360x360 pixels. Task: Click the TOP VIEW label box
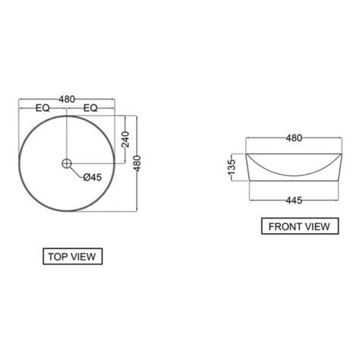[x=73, y=257]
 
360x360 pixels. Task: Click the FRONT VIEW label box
[x=300, y=226]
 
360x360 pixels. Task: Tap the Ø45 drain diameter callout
[x=93, y=177]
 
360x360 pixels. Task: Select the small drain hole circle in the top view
[x=67, y=163]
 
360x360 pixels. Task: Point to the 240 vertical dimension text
[x=125, y=139]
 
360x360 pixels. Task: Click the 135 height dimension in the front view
[x=232, y=167]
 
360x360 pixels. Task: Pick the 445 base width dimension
[x=294, y=201]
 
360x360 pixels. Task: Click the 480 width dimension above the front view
[x=294, y=138]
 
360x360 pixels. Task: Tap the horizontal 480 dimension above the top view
[x=67, y=99]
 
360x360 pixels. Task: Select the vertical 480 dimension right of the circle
[x=137, y=163]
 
